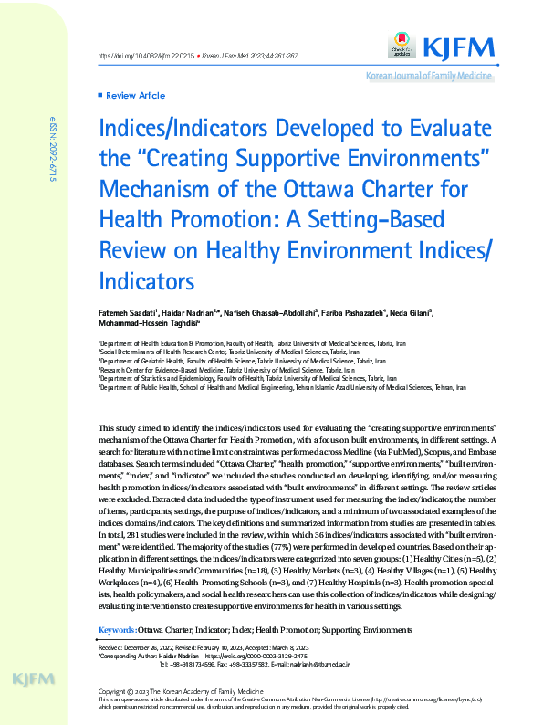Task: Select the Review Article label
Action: click(135, 95)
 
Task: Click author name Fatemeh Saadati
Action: click(129, 313)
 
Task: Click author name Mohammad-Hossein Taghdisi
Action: click(147, 323)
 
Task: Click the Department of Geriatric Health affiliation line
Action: click(224, 361)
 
